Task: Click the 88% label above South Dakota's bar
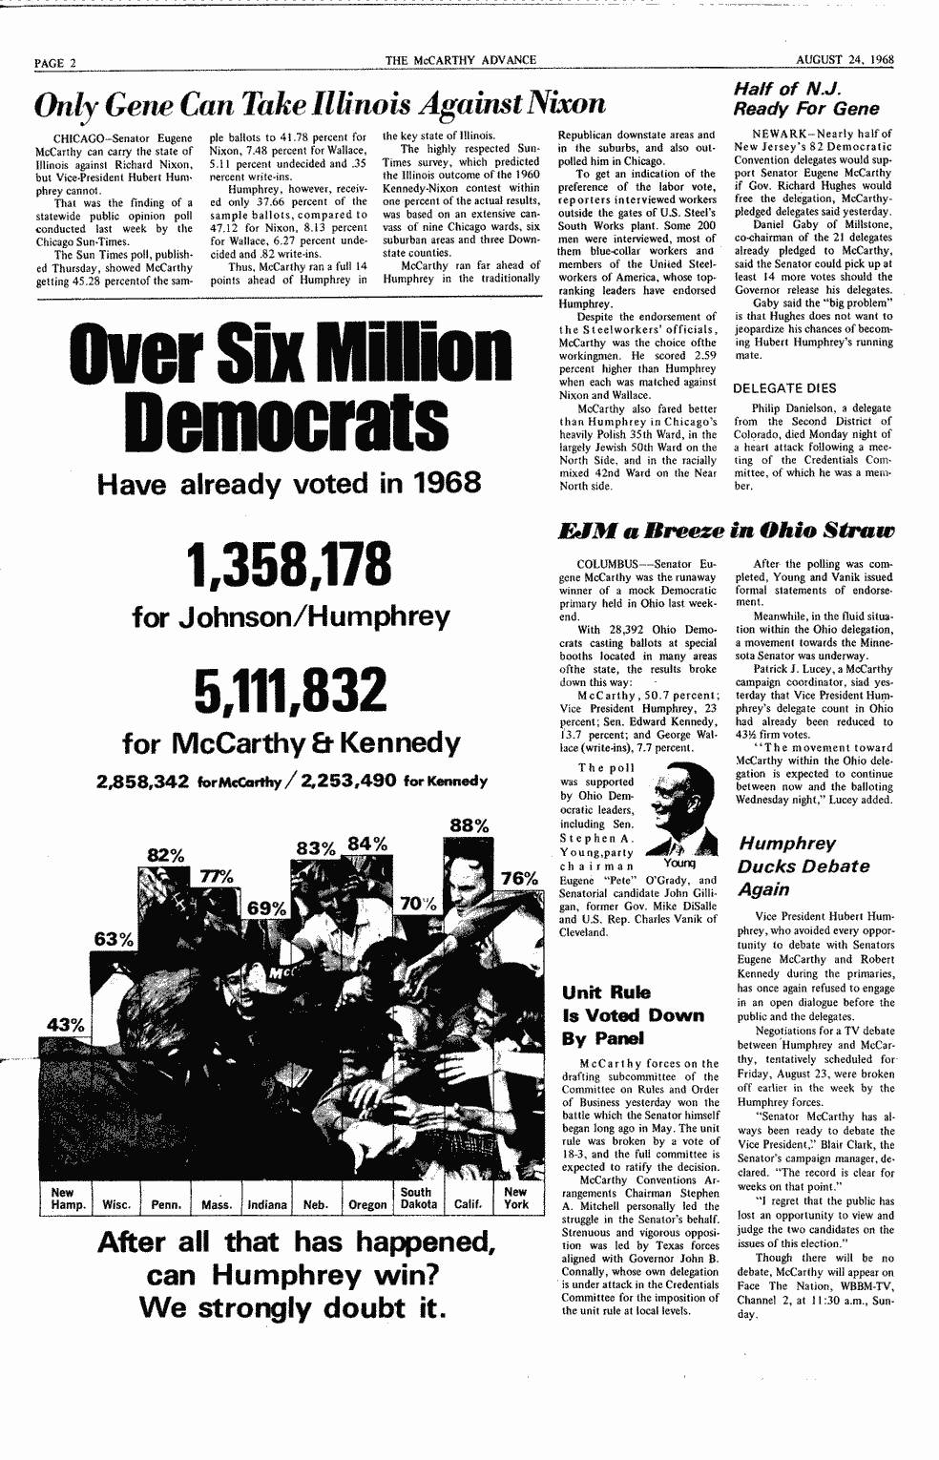(469, 825)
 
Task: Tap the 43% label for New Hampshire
(65, 1025)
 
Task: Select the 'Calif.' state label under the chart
(468, 1204)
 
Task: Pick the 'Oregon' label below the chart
(367, 1204)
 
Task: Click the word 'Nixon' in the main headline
(553, 103)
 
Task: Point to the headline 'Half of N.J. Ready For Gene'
(807, 98)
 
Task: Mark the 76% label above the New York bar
(519, 878)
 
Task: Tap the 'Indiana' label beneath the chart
(267, 1204)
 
